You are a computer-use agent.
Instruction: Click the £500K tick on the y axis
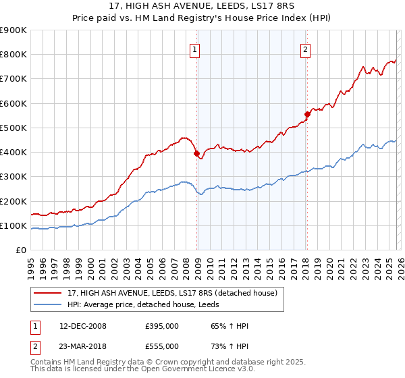click(14, 128)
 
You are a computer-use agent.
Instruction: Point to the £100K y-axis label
click(14, 225)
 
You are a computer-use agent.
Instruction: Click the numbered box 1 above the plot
click(194, 49)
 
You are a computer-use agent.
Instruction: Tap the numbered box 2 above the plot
click(305, 49)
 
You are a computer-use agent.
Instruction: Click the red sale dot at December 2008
click(197, 154)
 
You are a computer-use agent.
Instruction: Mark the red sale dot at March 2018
click(307, 114)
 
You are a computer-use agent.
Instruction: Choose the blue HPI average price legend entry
click(141, 305)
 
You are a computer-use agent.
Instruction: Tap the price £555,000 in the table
click(161, 346)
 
